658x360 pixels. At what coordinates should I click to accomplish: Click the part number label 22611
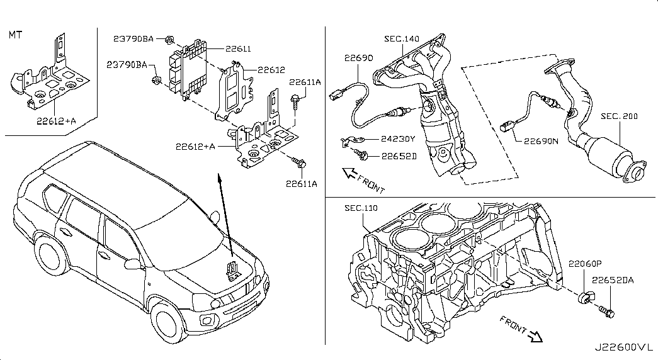(x=238, y=48)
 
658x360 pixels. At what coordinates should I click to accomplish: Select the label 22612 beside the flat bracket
(x=271, y=70)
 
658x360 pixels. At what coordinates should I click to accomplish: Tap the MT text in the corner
(x=16, y=35)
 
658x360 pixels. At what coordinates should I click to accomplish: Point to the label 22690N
(x=541, y=142)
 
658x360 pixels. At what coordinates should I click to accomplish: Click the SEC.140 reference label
(x=402, y=39)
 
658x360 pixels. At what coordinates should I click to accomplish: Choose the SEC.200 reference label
(x=619, y=116)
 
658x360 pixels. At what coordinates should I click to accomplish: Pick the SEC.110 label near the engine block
(x=361, y=208)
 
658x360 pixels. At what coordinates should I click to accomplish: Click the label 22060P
(x=585, y=264)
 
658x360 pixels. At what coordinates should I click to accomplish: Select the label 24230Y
(x=398, y=139)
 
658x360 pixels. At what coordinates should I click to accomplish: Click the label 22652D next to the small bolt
(x=399, y=157)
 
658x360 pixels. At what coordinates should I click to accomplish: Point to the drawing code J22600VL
(x=624, y=348)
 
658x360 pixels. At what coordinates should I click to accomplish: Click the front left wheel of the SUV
(x=169, y=322)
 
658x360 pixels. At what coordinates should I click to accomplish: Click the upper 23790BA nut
(x=169, y=40)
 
